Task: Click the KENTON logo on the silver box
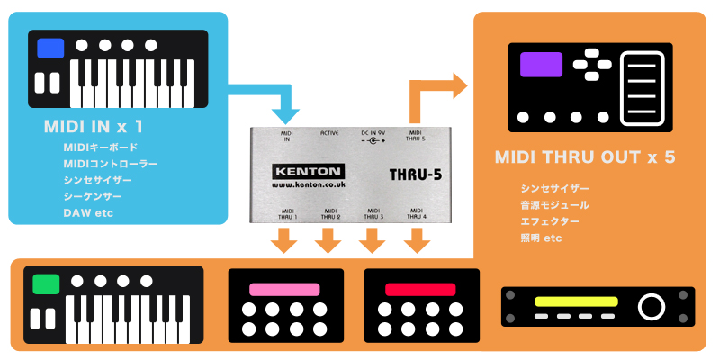click(x=306, y=170)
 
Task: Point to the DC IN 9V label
click(x=373, y=136)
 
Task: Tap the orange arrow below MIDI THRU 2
click(x=328, y=240)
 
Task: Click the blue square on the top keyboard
click(x=50, y=48)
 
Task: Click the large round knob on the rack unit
click(x=649, y=307)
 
